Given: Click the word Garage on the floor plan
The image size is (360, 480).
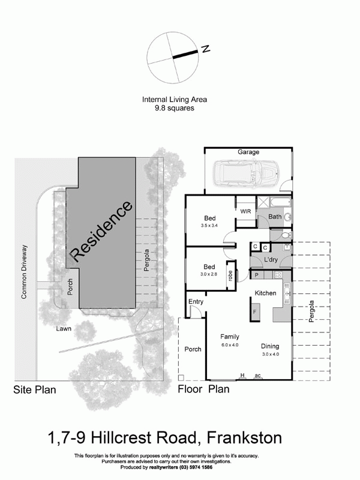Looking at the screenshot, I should (x=248, y=152).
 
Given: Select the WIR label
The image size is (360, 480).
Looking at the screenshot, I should (x=245, y=212).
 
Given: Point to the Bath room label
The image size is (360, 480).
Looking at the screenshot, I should (x=275, y=217).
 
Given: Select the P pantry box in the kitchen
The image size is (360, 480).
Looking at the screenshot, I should (x=256, y=275).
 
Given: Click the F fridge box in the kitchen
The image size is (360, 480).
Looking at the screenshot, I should (x=254, y=312).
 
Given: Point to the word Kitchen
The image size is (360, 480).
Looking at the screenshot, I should (x=265, y=293).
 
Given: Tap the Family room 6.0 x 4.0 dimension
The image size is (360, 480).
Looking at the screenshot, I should (x=229, y=345).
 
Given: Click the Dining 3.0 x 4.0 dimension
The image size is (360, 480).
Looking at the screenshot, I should (x=271, y=355).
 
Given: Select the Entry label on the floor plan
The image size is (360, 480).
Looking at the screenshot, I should (x=196, y=301).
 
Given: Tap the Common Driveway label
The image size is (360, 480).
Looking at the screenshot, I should (x=25, y=271).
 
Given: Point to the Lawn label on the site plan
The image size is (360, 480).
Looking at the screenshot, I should (x=64, y=329).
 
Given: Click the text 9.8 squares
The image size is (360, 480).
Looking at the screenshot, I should (x=174, y=109).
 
